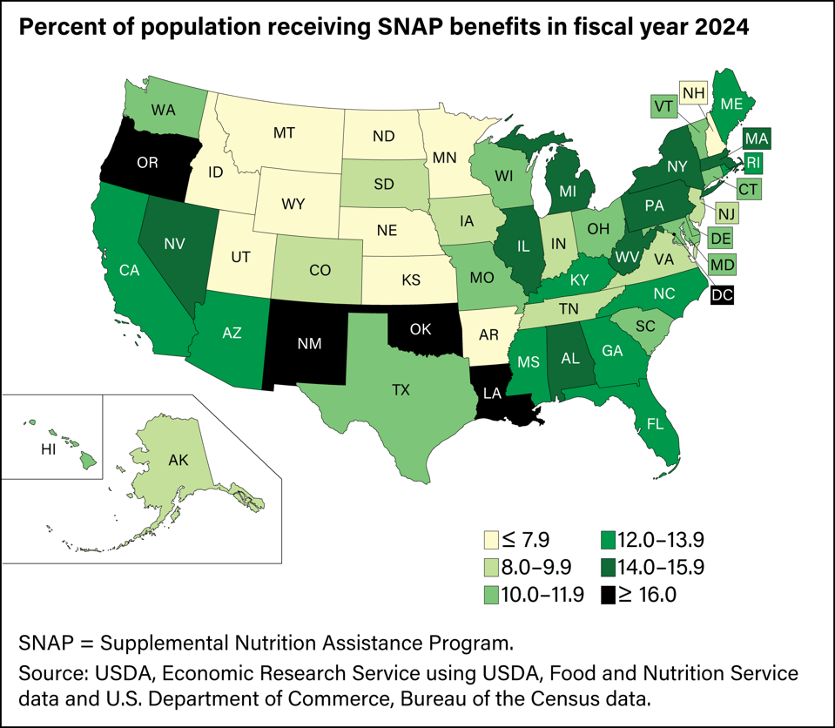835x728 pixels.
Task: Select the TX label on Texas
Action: (401, 389)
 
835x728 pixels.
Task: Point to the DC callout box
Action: (722, 295)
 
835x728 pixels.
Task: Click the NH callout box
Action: (693, 92)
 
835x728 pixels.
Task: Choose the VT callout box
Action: (663, 108)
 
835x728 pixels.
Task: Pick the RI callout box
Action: (755, 161)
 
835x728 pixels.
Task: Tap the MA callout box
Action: (756, 138)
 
